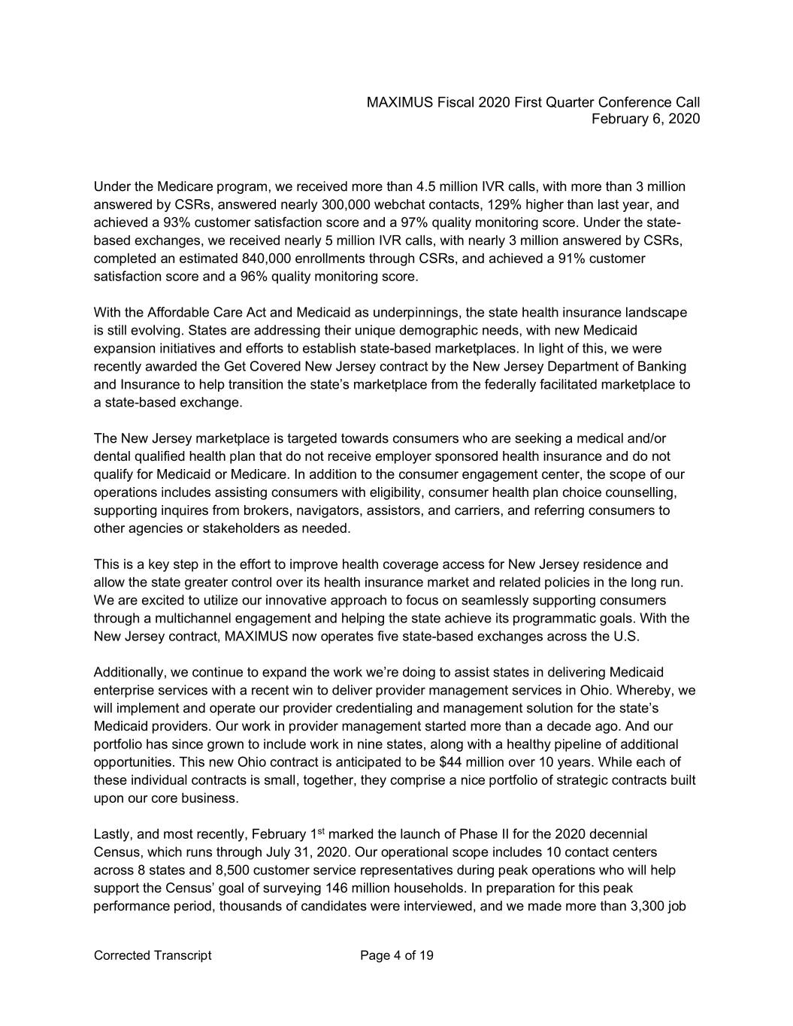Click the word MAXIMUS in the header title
pyautogui.click(x=397, y=102)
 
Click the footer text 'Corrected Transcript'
pyautogui.click(x=153, y=956)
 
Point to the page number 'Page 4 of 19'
pyautogui.click(x=397, y=956)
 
